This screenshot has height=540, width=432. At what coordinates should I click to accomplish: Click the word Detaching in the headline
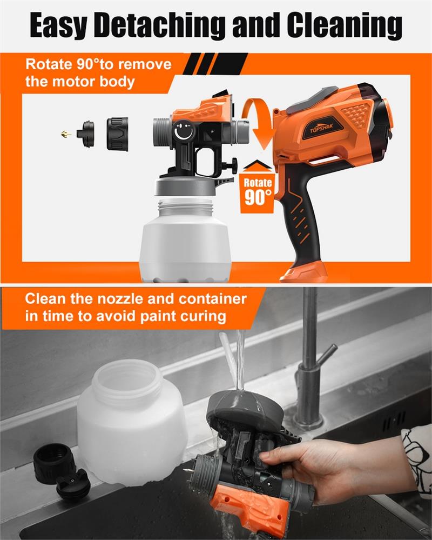tap(160, 25)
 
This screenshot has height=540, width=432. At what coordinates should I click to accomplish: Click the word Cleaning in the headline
tap(345, 25)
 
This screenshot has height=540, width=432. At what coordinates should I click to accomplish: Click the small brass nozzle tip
tap(66, 134)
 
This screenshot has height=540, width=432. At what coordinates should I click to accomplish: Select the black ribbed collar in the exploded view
tap(117, 134)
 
